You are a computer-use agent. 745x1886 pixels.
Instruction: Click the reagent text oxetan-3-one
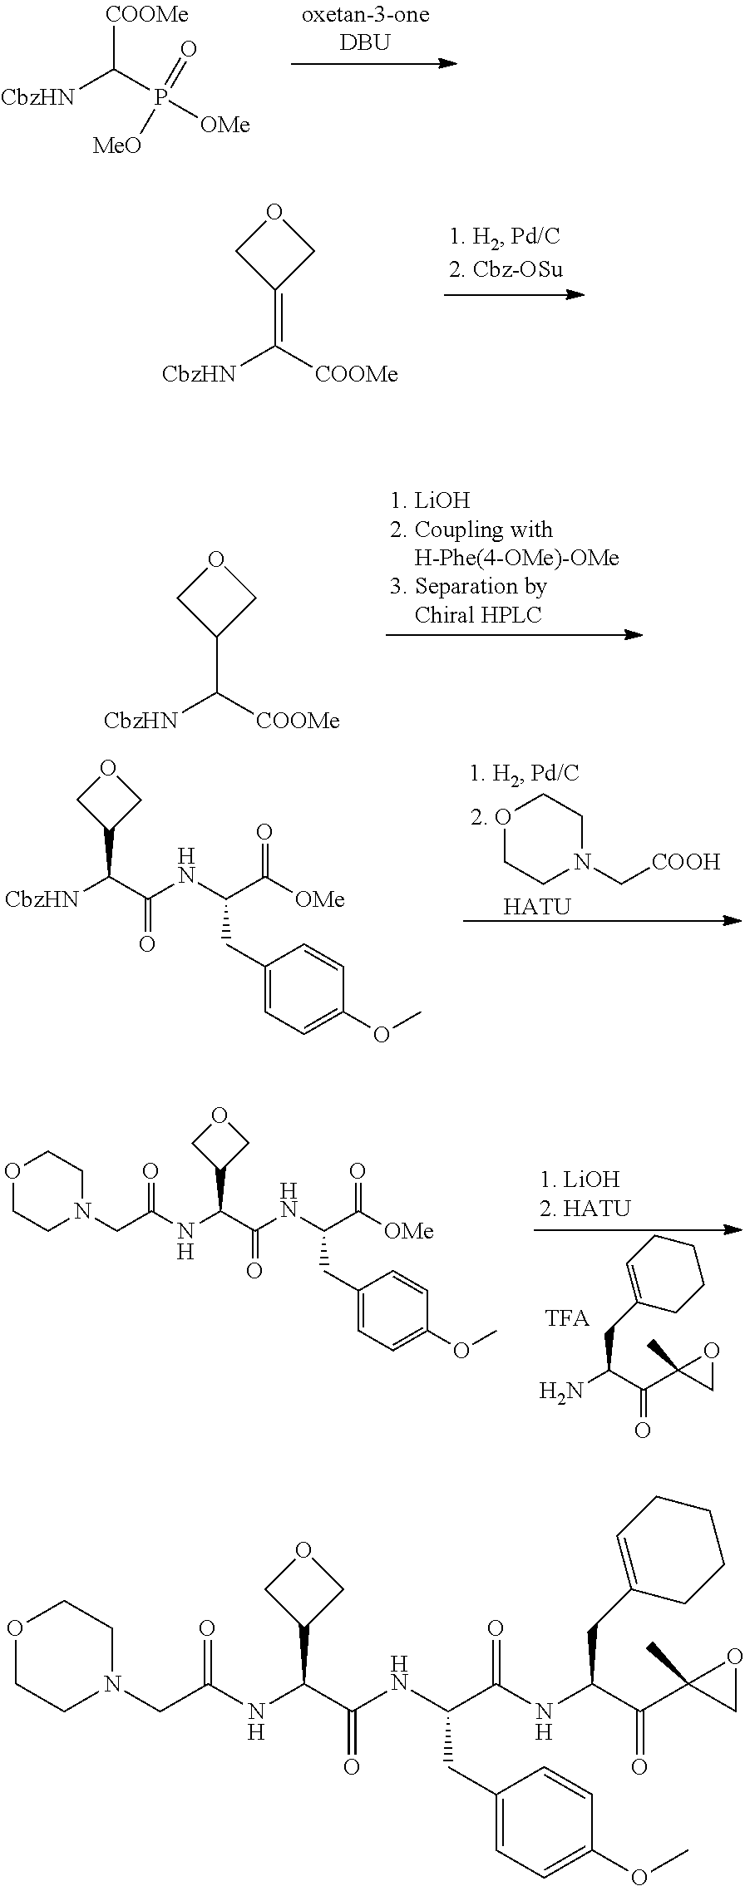click(x=365, y=15)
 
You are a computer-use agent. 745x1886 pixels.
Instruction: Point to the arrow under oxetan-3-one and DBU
click(x=373, y=63)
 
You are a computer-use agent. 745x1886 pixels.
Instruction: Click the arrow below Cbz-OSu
click(x=514, y=294)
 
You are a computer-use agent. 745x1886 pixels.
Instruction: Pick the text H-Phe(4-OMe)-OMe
click(x=516, y=558)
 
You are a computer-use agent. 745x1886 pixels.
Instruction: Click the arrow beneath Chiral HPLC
click(x=514, y=635)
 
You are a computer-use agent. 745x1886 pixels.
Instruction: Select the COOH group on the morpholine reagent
click(x=686, y=862)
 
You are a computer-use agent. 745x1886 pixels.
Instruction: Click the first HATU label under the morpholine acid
click(x=537, y=906)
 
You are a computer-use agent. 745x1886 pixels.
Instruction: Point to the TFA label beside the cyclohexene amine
click(x=567, y=1318)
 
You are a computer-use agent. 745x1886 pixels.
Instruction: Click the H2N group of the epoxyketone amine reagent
click(x=557, y=1390)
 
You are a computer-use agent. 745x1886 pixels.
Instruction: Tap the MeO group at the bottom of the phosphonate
click(x=116, y=147)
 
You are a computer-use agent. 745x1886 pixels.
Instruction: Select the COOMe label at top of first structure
click(x=147, y=15)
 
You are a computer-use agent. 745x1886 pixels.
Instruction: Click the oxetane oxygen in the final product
click(x=303, y=1550)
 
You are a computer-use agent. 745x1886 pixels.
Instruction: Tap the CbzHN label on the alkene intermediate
click(x=199, y=375)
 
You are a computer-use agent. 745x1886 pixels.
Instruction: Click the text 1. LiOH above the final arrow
click(x=580, y=1179)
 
